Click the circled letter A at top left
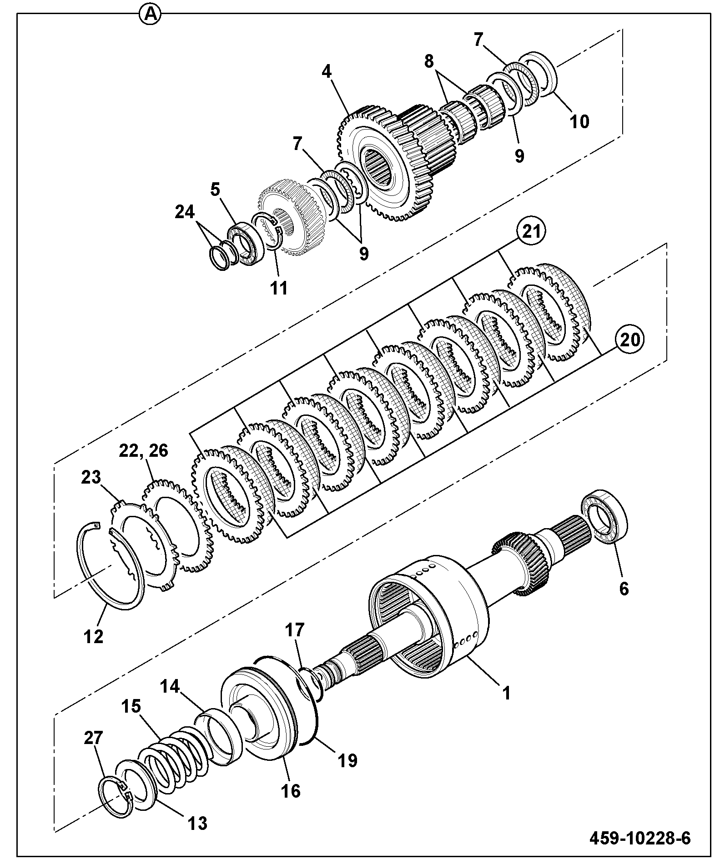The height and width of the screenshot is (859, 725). [x=151, y=15]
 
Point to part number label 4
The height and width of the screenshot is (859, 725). [x=327, y=71]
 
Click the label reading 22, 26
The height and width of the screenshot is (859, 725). [x=144, y=450]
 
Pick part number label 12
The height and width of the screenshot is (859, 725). [x=93, y=636]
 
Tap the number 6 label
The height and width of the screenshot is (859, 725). [x=624, y=589]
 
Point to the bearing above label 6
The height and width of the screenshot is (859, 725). [x=605, y=516]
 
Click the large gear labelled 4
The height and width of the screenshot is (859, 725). [x=384, y=164]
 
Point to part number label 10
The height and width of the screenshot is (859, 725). [x=579, y=121]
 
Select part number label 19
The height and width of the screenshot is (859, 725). [x=347, y=760]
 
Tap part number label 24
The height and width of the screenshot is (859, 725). [x=185, y=212]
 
